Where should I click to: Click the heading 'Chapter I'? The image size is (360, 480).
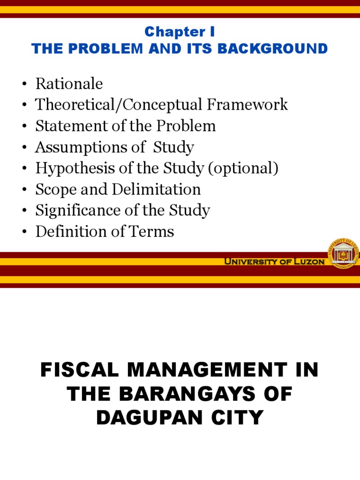click(x=180, y=32)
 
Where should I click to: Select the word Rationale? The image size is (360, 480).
click(x=69, y=84)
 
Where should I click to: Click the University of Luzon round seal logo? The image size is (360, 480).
click(x=343, y=253)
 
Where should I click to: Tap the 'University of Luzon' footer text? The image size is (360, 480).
click(x=274, y=262)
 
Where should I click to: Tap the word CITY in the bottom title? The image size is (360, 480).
click(x=240, y=418)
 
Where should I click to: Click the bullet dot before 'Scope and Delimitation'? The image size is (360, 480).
click(x=23, y=190)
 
